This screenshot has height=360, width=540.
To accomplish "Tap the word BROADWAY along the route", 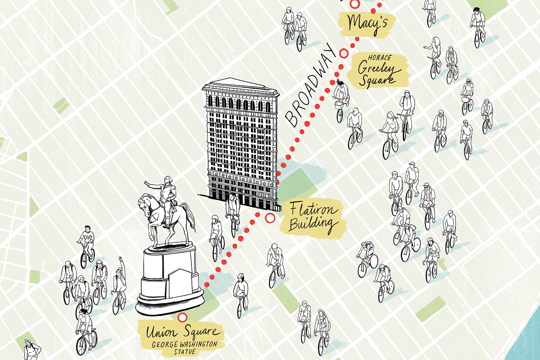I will tap(311, 86).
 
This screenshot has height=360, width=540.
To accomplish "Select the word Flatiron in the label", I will tap(314, 210).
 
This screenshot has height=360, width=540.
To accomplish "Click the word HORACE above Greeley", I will tap(379, 58).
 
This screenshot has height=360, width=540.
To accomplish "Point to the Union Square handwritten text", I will tap(182, 332).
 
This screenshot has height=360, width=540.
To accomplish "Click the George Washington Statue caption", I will tap(184, 348).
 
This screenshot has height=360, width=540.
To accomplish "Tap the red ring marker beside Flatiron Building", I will tap(270, 218).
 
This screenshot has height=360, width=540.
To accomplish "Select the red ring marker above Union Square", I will tap(183, 318).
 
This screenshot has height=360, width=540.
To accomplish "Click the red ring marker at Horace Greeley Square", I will tap(344, 53).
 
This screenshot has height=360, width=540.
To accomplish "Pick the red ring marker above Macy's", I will tap(355, 4).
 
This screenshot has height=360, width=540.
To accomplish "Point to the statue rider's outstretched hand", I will tap(147, 183).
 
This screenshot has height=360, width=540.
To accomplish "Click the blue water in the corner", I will tap(529, 335).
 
